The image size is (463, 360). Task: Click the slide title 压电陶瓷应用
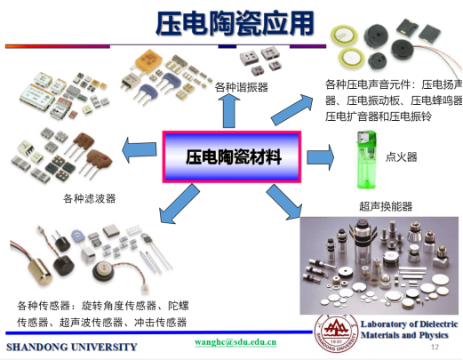point(235,23)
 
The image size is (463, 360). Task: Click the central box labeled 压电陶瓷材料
point(232,156)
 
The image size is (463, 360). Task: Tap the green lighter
point(366,159)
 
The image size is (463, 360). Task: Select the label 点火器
point(401,156)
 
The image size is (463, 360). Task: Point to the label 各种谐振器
point(242,87)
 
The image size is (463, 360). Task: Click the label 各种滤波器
point(90,198)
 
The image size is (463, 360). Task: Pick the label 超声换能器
point(386,206)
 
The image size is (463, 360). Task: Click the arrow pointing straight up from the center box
point(228,111)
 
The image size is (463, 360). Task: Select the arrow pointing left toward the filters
point(140,150)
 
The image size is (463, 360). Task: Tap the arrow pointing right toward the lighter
point(320,157)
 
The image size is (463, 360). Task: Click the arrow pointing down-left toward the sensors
point(179,204)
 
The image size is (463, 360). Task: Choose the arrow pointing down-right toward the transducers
point(284,203)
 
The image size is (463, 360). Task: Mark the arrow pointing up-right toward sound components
point(292,109)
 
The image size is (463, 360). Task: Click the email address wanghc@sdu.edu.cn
point(235,342)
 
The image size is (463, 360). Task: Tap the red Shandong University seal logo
point(337,333)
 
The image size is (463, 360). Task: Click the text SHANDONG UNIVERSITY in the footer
point(72,347)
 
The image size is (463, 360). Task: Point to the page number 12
point(435,347)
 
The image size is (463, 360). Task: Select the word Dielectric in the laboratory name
point(439,324)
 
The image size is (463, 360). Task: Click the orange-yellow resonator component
point(148,61)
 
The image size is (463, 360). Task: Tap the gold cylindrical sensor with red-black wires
point(41,272)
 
